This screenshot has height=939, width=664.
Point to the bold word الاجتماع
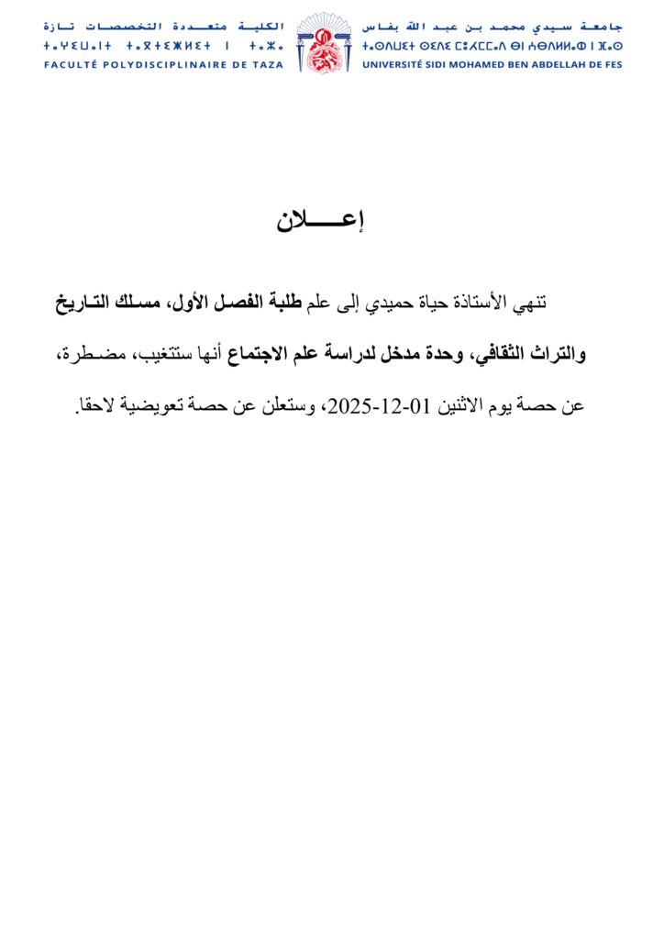click(x=262, y=354)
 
